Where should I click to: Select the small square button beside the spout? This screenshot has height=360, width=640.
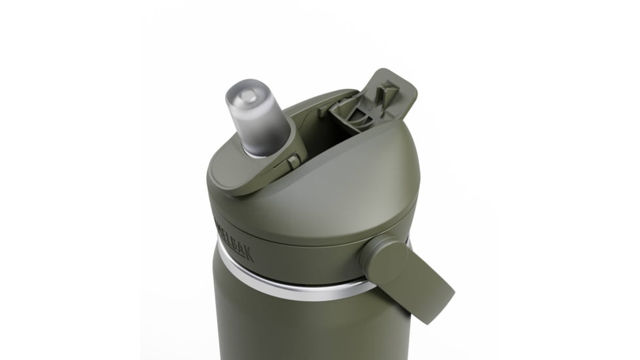coord(294,160)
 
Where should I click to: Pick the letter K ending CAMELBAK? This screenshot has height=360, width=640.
coord(249,252)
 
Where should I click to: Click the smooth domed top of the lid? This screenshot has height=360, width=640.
coord(353,170)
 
